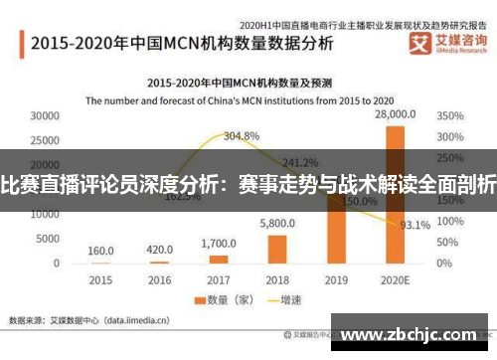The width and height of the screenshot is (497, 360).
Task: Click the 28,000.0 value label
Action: pyautogui.click(x=395, y=116)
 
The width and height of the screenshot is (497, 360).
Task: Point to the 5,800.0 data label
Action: pyautogui.click(x=277, y=224)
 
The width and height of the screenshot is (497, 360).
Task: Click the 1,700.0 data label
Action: pyautogui.click(x=218, y=244)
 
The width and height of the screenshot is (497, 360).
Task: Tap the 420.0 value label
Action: pyautogui.click(x=159, y=250)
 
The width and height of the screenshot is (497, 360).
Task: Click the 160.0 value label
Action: pyautogui.click(x=100, y=251)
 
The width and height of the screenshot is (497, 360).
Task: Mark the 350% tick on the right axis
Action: pyautogui.click(x=449, y=116)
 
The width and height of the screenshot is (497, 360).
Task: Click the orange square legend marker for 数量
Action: pyautogui.click(x=199, y=300)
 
